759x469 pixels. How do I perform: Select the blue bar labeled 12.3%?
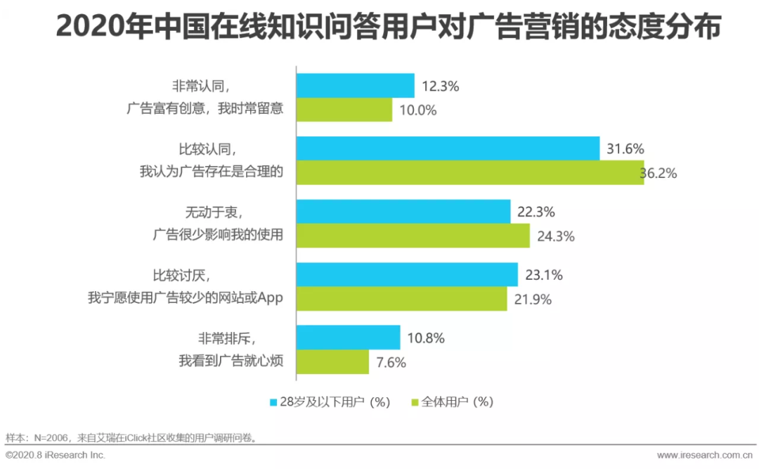[355, 86]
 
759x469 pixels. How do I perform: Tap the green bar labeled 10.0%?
[344, 110]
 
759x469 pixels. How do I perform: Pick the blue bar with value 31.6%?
[448, 148]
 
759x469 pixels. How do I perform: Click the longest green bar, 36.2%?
[469, 173]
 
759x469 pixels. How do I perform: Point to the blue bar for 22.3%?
[403, 211]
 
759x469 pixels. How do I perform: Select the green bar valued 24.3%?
[413, 236]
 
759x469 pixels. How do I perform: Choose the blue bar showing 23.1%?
[407, 274]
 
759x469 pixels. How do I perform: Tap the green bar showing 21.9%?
[401, 299]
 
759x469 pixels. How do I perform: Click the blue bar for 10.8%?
[348, 338]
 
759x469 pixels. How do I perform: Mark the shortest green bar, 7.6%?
[332, 362]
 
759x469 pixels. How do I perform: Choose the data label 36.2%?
[659, 173]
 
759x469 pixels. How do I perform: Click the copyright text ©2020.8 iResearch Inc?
[56, 456]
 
